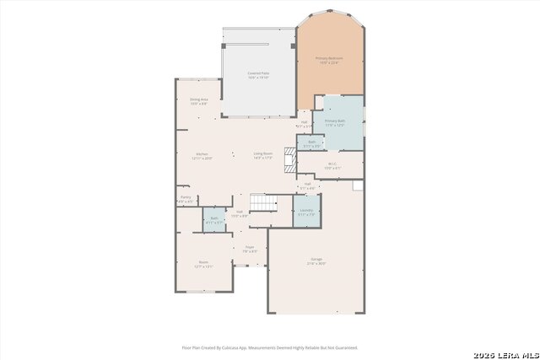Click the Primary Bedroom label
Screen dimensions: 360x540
point(331,60)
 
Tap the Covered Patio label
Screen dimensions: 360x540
point(259,75)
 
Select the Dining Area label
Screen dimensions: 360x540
point(198,101)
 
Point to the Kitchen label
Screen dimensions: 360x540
point(202,155)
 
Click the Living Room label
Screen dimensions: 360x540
point(263,155)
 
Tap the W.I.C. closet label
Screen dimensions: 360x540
point(332,165)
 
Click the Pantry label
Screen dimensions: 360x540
point(186,199)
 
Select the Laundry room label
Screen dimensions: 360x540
point(305,212)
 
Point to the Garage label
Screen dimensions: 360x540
point(316,262)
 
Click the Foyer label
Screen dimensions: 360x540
point(250,249)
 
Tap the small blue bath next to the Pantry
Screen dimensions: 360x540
point(213,219)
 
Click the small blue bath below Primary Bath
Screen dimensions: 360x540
point(311,144)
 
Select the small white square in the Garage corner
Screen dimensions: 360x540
point(358,185)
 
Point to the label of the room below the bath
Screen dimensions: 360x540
point(203,263)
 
